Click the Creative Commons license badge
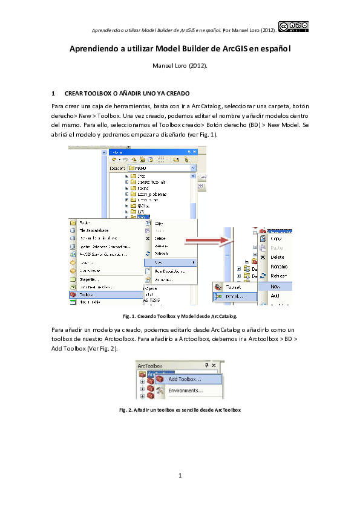[x=293, y=25]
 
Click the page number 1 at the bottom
[x=180, y=476]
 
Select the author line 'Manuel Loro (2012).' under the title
[x=180, y=65]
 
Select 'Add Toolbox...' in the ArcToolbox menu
[x=185, y=379]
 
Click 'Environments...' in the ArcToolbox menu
[x=185, y=391]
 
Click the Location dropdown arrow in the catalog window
[x=193, y=167]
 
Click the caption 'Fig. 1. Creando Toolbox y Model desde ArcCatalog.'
[x=180, y=316]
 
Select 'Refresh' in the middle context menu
[x=162, y=254]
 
